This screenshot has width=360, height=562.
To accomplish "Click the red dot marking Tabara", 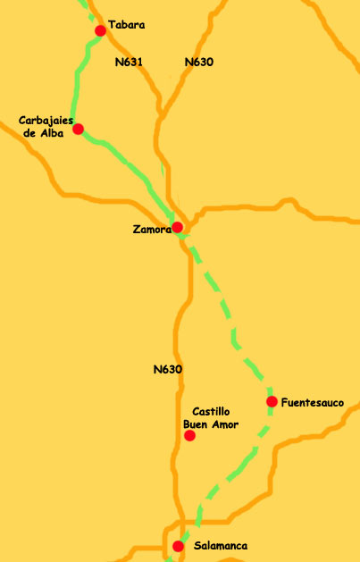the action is click(100, 30).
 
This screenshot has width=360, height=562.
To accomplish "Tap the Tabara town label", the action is click(126, 25).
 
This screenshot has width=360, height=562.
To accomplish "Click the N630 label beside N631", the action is click(198, 63).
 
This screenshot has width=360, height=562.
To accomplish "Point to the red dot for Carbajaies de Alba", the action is click(79, 129).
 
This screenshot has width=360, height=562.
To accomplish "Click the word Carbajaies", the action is click(46, 121).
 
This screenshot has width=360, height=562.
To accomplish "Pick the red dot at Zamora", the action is click(178, 227).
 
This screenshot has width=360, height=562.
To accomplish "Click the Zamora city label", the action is click(150, 230).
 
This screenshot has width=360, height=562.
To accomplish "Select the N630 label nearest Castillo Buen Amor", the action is click(168, 369).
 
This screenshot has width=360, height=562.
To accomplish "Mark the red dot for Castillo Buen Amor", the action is click(189, 436).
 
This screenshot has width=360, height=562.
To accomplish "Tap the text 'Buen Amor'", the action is click(211, 424).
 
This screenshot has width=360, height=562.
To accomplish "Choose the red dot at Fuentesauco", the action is click(272, 401).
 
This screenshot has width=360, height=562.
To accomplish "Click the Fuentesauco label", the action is click(312, 403).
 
